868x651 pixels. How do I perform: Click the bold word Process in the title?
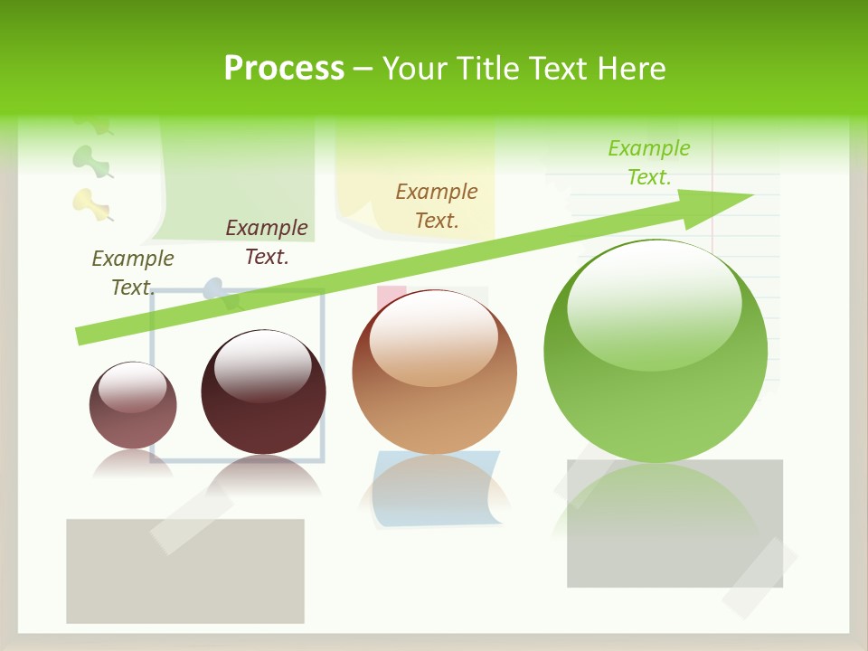pyautogui.click(x=284, y=68)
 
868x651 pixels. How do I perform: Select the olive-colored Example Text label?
pyautogui.click(x=132, y=272)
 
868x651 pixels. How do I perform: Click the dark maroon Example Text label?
pyautogui.click(x=267, y=241)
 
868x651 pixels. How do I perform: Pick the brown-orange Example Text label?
pyautogui.click(x=437, y=205)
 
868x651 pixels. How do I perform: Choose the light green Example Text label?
pyautogui.click(x=649, y=162)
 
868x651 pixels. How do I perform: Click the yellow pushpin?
pyautogui.click(x=90, y=203)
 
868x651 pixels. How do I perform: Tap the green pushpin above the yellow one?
pyautogui.click(x=90, y=160)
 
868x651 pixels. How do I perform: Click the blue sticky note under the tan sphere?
pyautogui.click(x=437, y=488)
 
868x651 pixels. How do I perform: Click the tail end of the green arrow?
pyautogui.click(x=83, y=335)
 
